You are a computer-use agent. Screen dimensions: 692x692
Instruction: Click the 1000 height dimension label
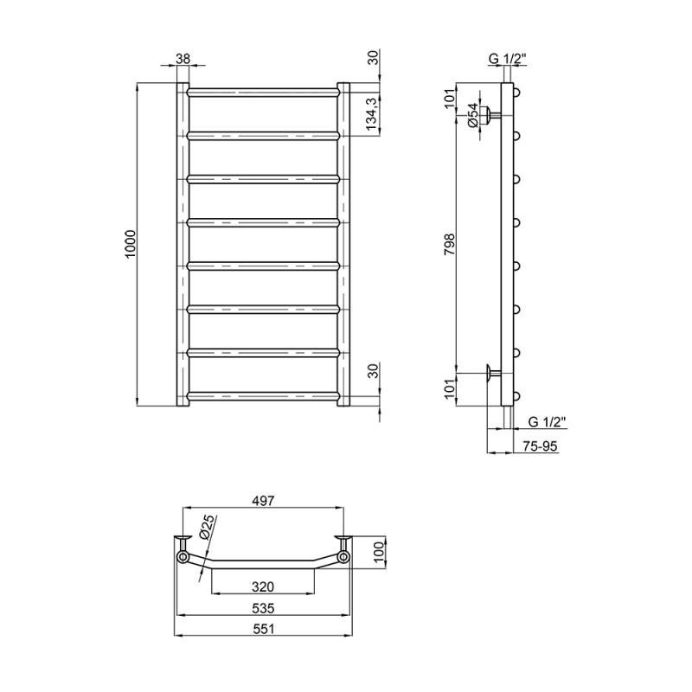(x=131, y=244)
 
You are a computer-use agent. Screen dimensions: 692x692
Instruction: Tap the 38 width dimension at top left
(x=183, y=58)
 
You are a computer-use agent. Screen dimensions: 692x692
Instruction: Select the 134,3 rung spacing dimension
(x=374, y=114)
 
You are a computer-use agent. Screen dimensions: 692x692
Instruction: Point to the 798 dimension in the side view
(x=449, y=244)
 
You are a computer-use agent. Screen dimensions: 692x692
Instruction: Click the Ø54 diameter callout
(x=472, y=115)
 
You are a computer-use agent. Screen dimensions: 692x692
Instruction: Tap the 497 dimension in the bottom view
(x=263, y=501)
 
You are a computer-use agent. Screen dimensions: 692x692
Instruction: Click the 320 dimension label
(x=263, y=586)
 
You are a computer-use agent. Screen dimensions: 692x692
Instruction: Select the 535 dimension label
(x=263, y=609)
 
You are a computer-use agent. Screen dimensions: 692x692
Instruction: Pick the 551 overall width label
(x=263, y=629)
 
